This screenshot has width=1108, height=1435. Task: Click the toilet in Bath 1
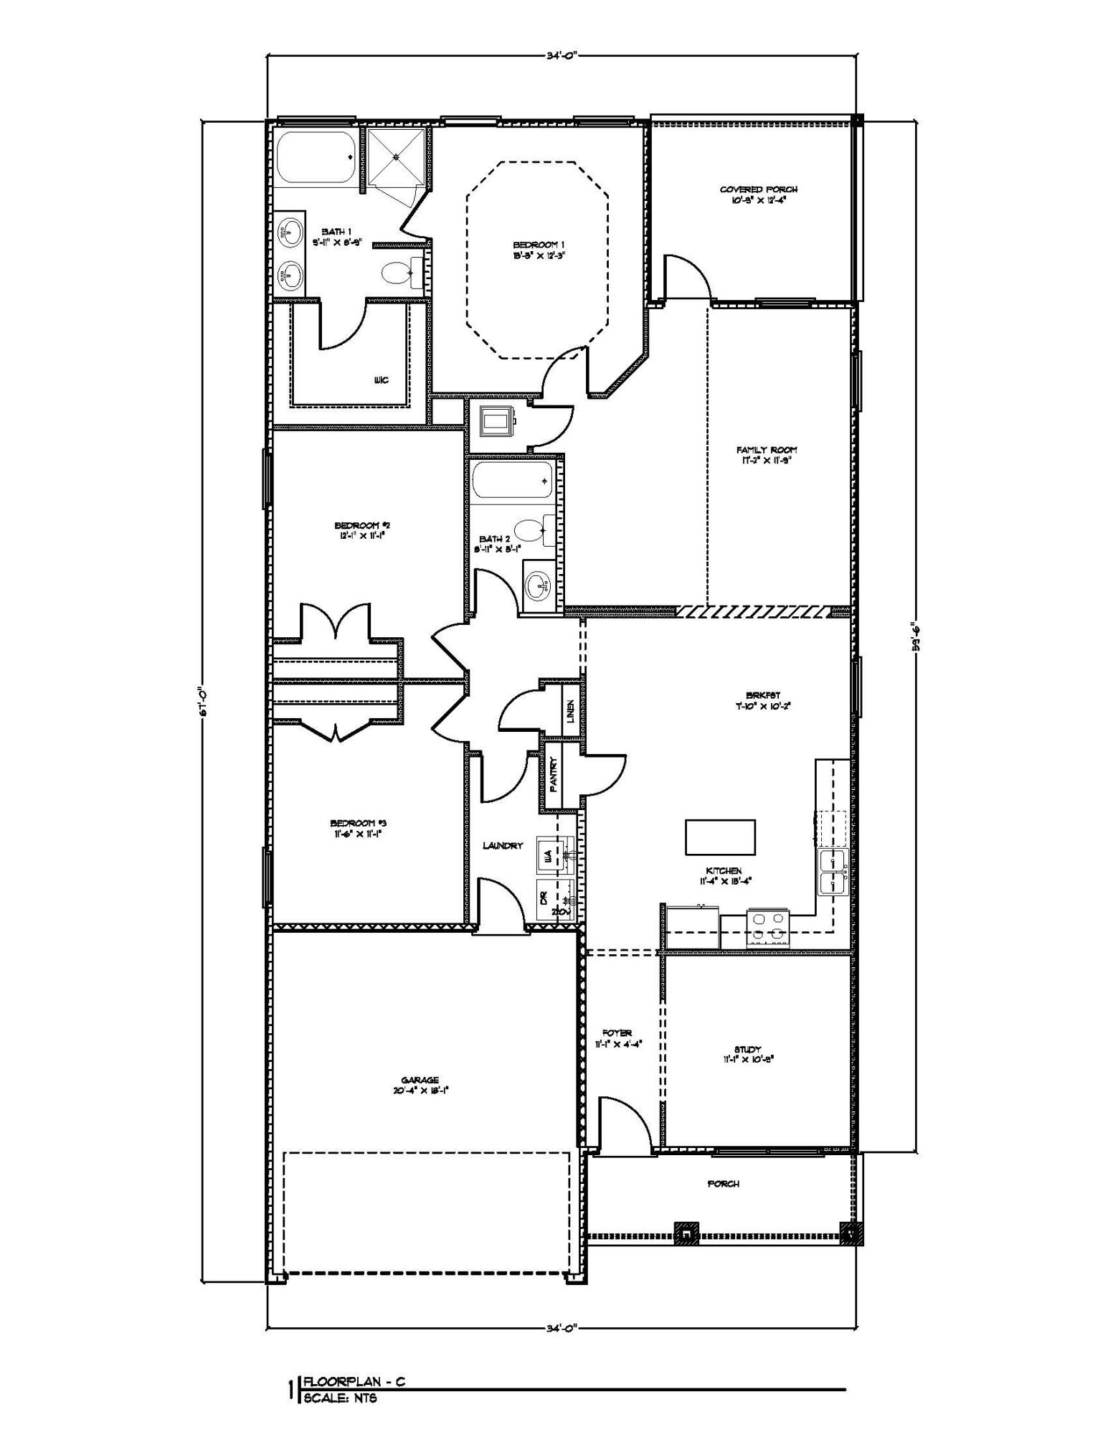point(397,273)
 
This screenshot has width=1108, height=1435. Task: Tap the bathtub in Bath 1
point(315,158)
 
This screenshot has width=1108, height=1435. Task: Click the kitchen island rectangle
point(720,837)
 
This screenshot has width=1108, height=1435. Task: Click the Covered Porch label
point(759,189)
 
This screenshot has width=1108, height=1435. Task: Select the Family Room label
point(767,450)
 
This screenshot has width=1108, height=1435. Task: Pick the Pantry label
point(554,776)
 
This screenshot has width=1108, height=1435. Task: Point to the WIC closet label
point(382,380)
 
